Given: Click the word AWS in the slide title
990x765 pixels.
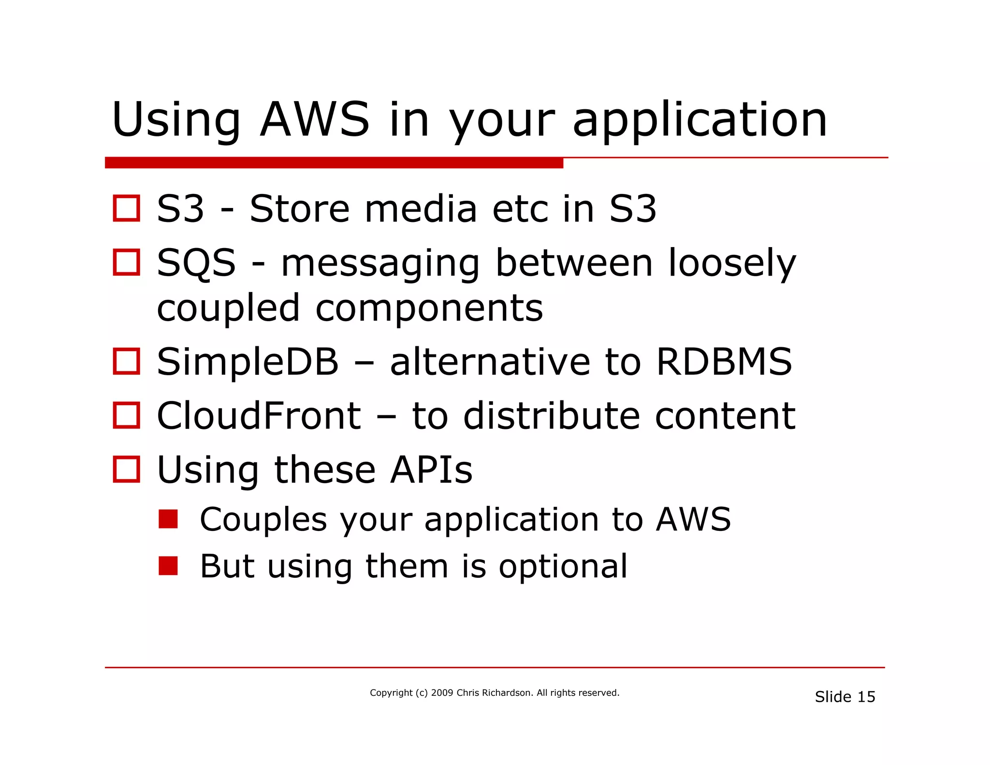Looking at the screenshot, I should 315,119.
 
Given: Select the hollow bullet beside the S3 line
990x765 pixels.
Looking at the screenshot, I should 127,208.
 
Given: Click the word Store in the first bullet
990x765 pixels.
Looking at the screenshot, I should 299,209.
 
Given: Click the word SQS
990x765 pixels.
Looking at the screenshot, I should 197,264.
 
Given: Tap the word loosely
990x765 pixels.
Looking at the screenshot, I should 732,264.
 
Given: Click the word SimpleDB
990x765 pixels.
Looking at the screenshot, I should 248,363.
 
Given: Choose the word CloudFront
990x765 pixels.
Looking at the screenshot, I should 259,416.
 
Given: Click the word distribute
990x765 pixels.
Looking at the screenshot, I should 551,416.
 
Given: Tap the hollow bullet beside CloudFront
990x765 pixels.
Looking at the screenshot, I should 127,415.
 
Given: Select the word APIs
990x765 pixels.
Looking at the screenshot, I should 431,470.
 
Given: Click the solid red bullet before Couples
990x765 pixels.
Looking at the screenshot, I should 168,519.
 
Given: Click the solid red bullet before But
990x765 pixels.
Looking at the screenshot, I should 168,566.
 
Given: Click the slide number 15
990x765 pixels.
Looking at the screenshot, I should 866,697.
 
